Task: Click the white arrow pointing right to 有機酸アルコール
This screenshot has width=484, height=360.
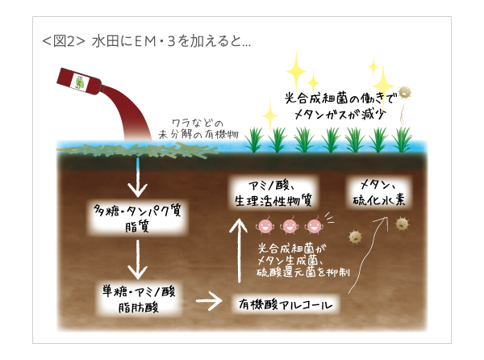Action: pos(210,303)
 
